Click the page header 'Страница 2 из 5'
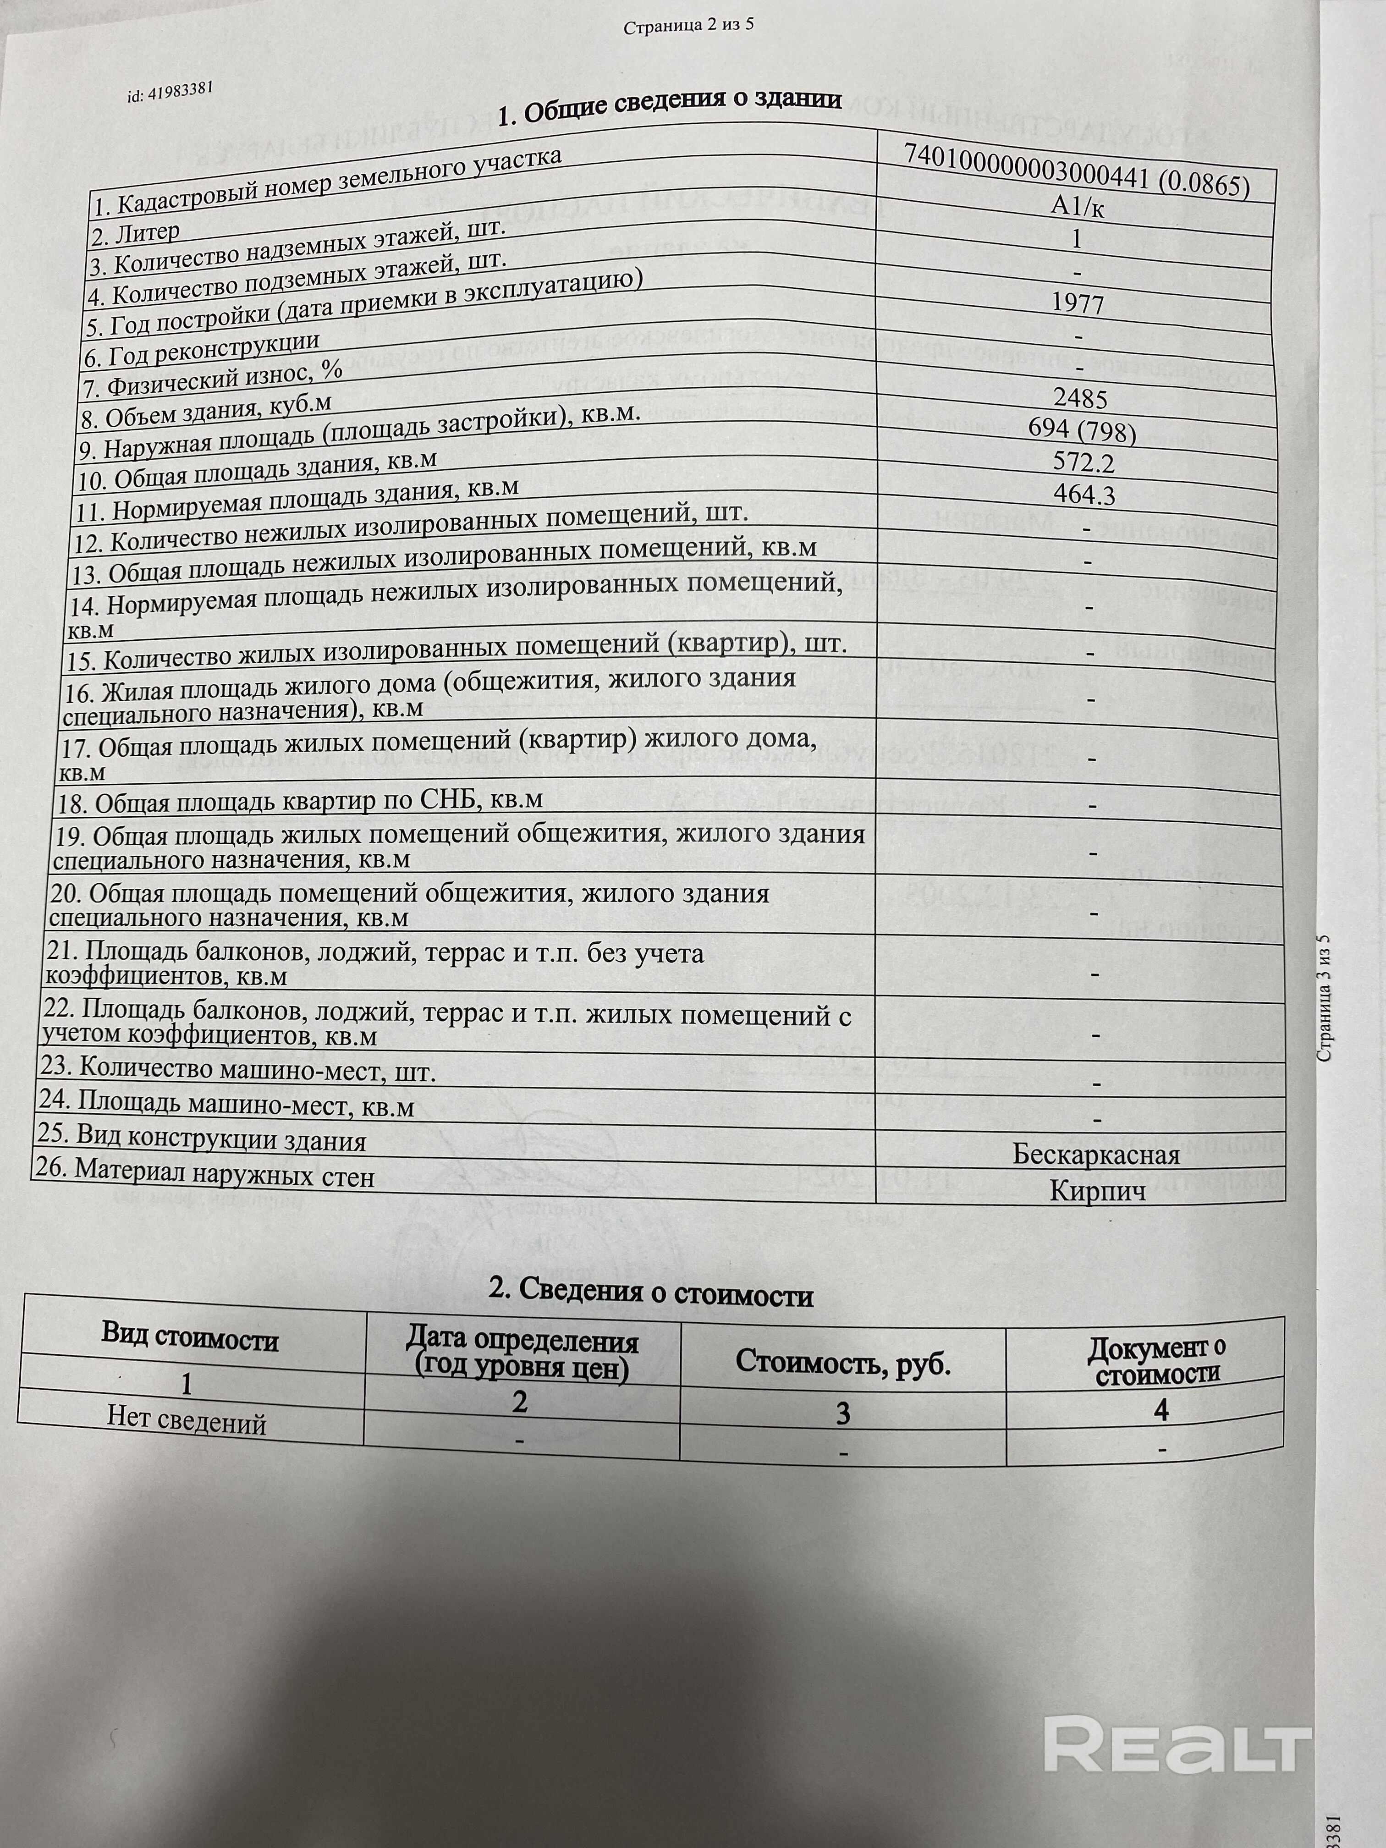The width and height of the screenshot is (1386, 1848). point(689,26)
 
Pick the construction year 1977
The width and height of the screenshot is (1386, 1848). point(1078,303)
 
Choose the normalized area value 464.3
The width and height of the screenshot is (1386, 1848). point(1083,495)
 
